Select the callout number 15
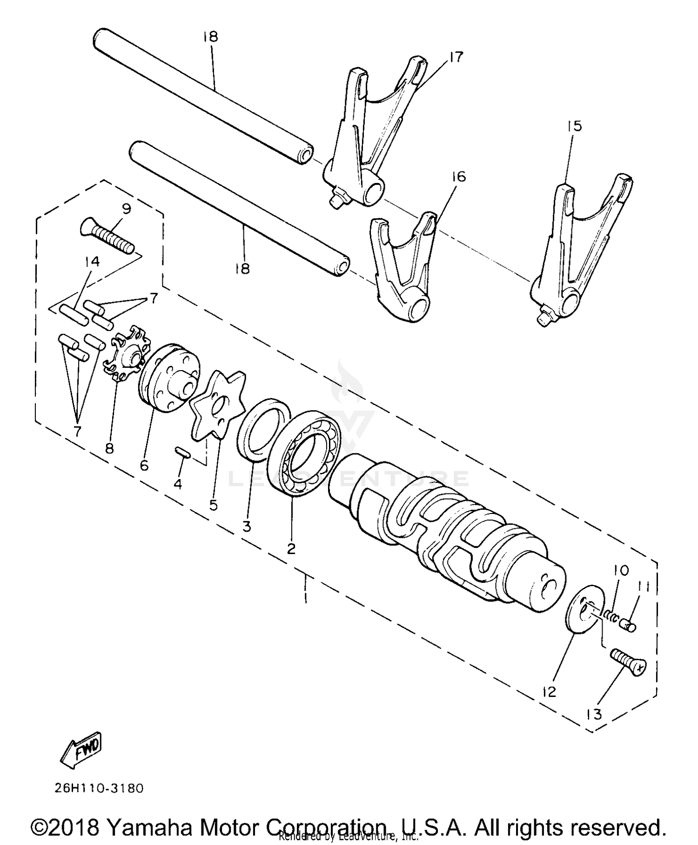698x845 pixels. (x=574, y=126)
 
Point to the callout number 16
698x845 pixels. (x=458, y=177)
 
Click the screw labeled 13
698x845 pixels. (x=627, y=662)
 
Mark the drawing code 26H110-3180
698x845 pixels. (x=99, y=788)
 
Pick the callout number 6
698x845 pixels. (x=144, y=465)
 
